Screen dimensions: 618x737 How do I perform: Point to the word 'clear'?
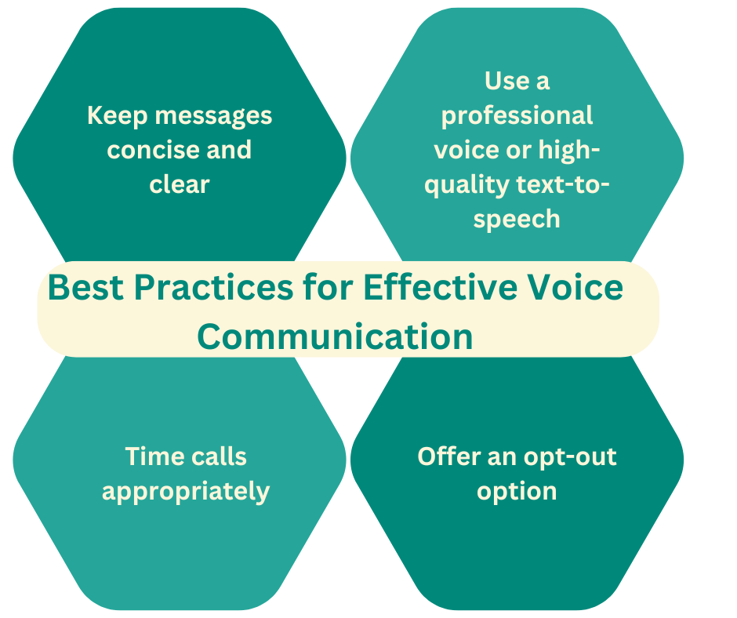tap(180, 184)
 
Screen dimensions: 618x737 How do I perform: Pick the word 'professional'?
tap(517, 116)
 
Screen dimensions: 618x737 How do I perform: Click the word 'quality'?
tap(467, 184)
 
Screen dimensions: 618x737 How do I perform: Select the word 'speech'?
tap(517, 219)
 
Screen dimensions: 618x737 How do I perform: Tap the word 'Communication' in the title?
tap(335, 337)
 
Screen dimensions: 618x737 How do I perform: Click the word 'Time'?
tap(154, 456)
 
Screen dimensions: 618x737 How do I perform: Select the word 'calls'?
tap(219, 456)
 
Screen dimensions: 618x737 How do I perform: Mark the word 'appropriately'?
tap(186, 492)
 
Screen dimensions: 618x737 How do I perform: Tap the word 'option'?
tap(517, 492)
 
